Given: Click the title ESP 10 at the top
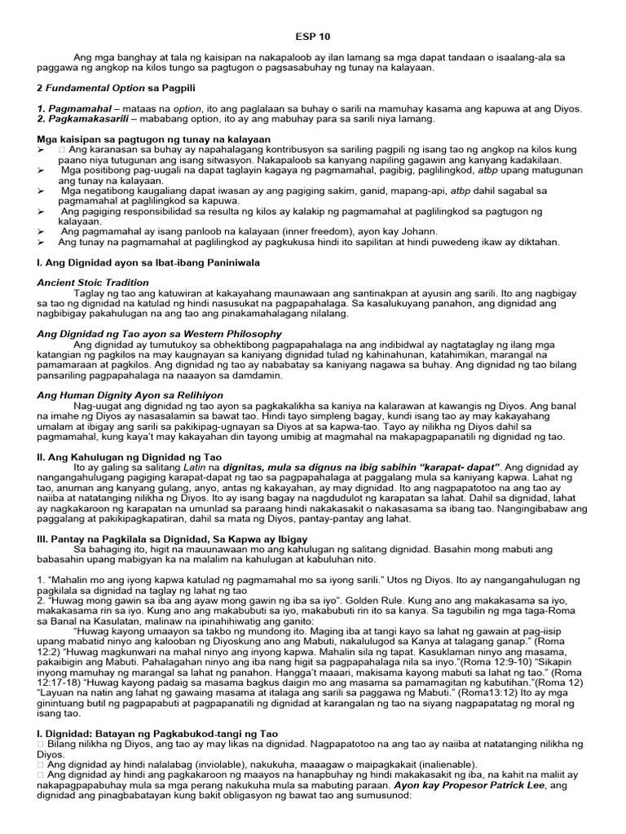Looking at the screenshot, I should click(313, 37).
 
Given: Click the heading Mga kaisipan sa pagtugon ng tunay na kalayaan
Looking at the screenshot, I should click(153, 139).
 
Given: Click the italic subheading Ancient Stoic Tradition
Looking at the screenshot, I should click(93, 283).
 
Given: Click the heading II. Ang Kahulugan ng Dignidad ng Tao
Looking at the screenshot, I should click(128, 457).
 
